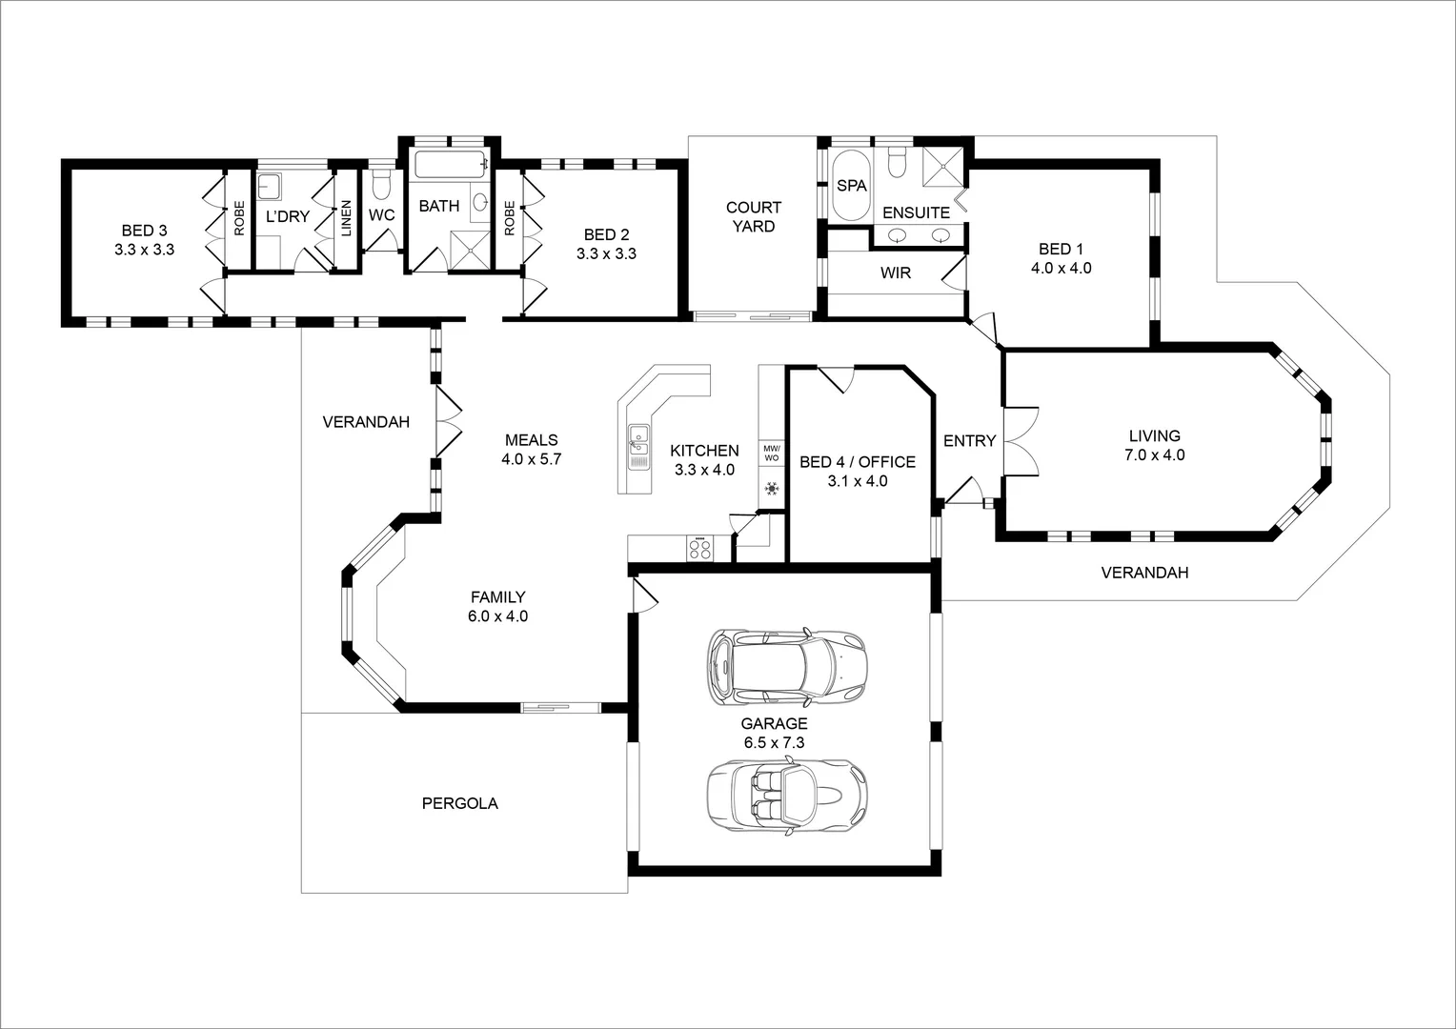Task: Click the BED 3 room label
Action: (144, 231)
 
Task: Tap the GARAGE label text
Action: (775, 724)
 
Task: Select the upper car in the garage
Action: (787, 667)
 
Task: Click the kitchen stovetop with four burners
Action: (700, 549)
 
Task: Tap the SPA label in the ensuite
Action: (851, 186)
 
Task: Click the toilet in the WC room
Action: (381, 183)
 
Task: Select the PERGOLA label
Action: (459, 803)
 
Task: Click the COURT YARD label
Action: (753, 216)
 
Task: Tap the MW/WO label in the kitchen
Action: (771, 453)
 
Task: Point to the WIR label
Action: (895, 273)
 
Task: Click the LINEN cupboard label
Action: (346, 218)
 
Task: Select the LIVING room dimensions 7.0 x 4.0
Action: (1154, 455)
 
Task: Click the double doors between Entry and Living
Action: (1020, 440)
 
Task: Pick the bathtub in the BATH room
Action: (450, 166)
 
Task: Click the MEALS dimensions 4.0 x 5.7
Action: (531, 459)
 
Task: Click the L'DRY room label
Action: (287, 217)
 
